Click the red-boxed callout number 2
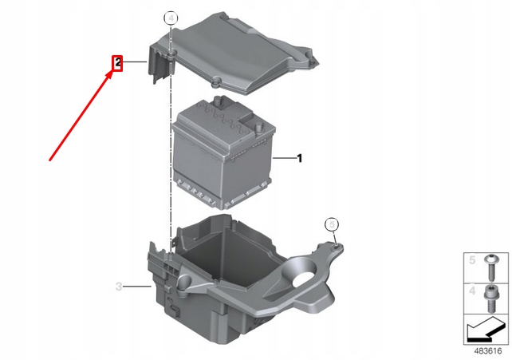[117, 63]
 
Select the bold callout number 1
[299, 158]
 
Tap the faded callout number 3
[119, 287]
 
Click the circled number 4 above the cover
[171, 18]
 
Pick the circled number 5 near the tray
[332, 224]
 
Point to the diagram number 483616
[488, 351]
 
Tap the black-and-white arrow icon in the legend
[486, 330]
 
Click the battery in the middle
[223, 153]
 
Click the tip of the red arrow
[113, 72]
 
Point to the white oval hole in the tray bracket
[305, 279]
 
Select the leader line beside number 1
[284, 158]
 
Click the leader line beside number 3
[138, 287]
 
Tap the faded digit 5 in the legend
[472, 260]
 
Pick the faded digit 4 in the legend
[472, 291]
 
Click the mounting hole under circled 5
[336, 247]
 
